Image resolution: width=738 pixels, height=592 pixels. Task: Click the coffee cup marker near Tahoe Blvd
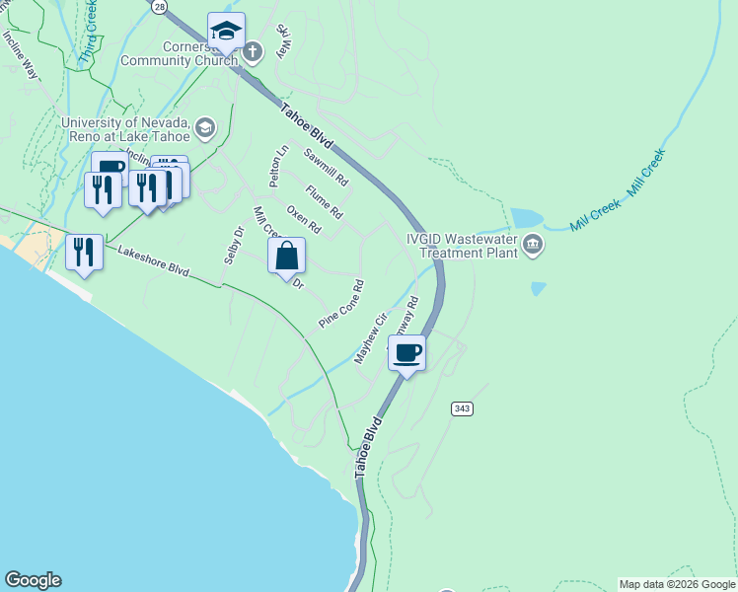pyautogui.click(x=406, y=352)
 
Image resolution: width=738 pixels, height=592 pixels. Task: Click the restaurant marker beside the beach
pyautogui.click(x=85, y=252)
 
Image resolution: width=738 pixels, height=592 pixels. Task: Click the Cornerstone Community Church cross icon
pyautogui.click(x=253, y=51)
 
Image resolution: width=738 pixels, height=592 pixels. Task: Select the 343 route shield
pyautogui.click(x=461, y=407)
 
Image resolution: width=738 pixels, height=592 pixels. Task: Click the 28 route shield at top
pyautogui.click(x=160, y=6)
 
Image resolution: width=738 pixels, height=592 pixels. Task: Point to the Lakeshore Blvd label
pyautogui.click(x=153, y=261)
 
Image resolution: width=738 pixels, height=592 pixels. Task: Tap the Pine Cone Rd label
pyautogui.click(x=341, y=304)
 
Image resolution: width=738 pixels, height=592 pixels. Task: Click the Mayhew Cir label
pyautogui.click(x=368, y=338)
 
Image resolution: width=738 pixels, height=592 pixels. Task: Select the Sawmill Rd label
pyautogui.click(x=326, y=168)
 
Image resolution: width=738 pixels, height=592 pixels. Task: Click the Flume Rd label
pyautogui.click(x=324, y=202)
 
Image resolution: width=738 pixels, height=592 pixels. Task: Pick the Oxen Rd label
pyautogui.click(x=304, y=219)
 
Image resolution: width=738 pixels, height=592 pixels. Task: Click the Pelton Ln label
pyautogui.click(x=279, y=167)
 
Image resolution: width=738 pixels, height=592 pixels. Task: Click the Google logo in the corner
pyautogui.click(x=33, y=580)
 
